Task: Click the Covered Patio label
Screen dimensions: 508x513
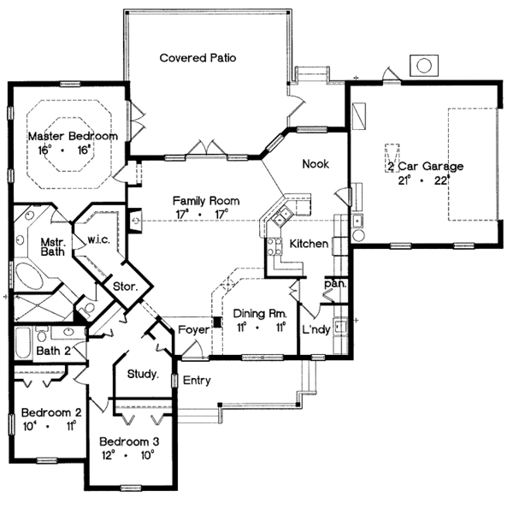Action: [x=198, y=58]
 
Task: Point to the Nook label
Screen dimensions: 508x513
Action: [x=315, y=163]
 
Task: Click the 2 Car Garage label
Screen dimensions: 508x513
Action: [x=425, y=167]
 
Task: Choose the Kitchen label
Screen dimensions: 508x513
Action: [x=309, y=245]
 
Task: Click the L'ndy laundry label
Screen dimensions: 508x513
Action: [x=316, y=329]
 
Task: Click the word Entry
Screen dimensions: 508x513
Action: [x=197, y=381]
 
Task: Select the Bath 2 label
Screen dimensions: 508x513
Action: [x=52, y=350]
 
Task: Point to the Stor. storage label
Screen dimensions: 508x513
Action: [x=125, y=287]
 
